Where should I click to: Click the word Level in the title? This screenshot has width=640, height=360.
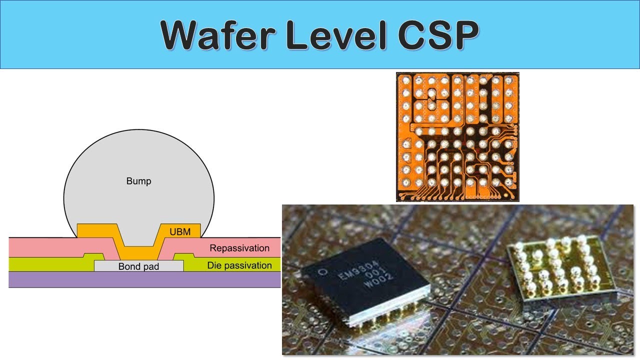[336, 35]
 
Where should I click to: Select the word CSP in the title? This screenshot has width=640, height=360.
[438, 35]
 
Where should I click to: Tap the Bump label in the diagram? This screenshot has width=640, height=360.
[138, 181]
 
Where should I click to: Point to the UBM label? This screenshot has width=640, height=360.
[180, 231]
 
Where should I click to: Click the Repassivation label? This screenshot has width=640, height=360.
[239, 248]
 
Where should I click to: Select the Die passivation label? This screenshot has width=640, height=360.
[239, 265]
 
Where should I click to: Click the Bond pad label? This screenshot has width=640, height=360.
[138, 266]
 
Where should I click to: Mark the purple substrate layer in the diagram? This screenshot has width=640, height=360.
[144, 279]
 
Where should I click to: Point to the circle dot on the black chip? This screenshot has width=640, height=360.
[323, 271]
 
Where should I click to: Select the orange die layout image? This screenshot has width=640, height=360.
[457, 137]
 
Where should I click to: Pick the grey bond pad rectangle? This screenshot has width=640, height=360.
[139, 266]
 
